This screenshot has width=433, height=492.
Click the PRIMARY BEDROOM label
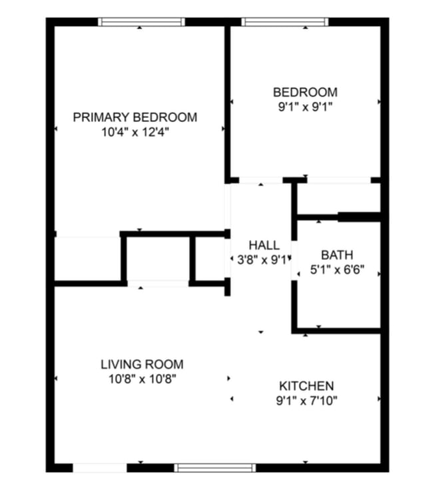tap(135, 117)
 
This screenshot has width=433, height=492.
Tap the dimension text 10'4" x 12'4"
tap(135, 132)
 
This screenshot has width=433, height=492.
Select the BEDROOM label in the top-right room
tap(305, 92)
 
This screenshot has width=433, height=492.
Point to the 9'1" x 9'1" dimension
tap(305, 107)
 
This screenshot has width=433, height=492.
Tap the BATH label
tap(337, 255)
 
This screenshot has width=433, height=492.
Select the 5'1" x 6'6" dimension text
tap(337, 272)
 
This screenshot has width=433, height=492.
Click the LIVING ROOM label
tap(142, 364)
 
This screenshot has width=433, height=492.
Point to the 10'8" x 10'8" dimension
tap(142, 379)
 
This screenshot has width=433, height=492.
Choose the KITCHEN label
tap(306, 386)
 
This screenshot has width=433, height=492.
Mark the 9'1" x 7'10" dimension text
tap(306, 401)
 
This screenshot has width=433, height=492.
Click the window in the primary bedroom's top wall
tap(141, 22)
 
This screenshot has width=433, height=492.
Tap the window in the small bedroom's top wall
tap(284, 22)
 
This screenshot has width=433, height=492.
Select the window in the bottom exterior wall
tap(215, 467)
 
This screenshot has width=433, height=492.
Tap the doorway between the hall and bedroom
tap(261, 180)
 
